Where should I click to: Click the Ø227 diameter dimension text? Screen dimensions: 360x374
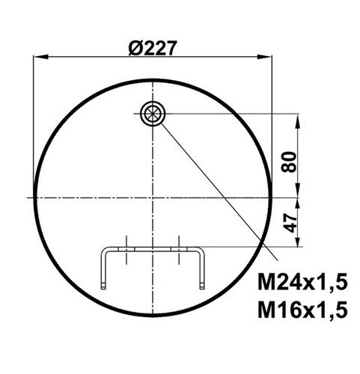(153, 48)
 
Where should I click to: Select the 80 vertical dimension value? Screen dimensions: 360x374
(289, 162)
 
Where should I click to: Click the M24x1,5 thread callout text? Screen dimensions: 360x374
(302, 282)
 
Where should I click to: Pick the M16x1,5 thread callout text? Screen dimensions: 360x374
(302, 310)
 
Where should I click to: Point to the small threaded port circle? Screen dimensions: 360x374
(153, 114)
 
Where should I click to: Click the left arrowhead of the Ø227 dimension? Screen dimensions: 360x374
(40, 57)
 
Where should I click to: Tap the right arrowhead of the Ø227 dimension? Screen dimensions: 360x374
(265, 57)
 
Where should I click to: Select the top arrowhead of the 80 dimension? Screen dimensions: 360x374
(297, 121)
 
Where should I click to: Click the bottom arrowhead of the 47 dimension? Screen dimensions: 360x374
(297, 240)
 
